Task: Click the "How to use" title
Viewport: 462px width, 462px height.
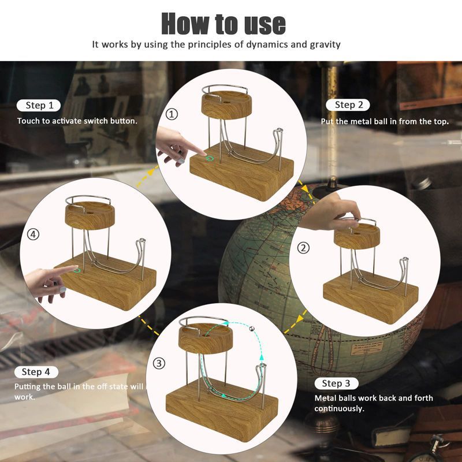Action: tap(223, 24)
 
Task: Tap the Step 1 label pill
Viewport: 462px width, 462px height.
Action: tap(39, 105)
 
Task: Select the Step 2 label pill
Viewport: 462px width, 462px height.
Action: tap(348, 105)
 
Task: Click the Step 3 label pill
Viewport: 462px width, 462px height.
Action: tap(336, 383)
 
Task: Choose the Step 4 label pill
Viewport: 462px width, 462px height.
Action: tap(36, 372)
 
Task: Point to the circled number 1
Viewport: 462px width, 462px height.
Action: tap(172, 114)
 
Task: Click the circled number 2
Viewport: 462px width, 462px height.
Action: tap(303, 248)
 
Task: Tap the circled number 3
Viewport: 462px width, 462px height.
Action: tap(159, 363)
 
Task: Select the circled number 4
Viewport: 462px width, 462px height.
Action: tap(33, 234)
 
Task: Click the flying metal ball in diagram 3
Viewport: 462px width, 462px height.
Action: tap(252, 329)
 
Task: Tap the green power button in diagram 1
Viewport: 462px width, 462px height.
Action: tap(210, 158)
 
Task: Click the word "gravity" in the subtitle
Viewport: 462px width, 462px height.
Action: tap(325, 45)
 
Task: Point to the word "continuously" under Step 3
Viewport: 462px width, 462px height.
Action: tap(340, 408)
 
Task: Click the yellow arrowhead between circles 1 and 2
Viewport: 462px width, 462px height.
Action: tap(306, 189)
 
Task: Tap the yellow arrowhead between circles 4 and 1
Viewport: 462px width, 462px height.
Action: tap(151, 171)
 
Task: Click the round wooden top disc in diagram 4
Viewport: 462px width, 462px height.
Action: tap(90, 215)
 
